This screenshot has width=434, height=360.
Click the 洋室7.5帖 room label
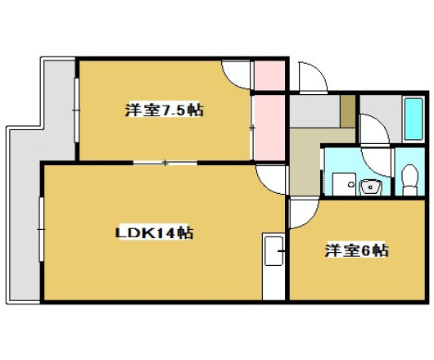163,110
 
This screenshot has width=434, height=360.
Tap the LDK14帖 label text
153,233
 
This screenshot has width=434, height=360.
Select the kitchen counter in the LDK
271,266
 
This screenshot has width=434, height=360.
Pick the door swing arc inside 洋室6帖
301,214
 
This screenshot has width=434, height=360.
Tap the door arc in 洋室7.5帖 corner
237,74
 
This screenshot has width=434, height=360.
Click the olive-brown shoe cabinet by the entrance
347,110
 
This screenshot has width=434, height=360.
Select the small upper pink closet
269,76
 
